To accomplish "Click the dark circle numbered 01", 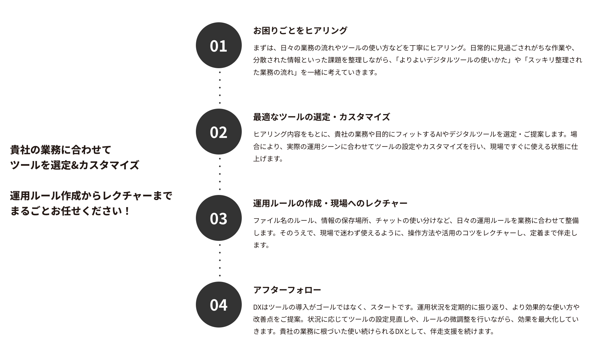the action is click(219, 45).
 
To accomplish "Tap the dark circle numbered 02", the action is click(219, 132).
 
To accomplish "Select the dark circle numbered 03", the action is click(219, 218).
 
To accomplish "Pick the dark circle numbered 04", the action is click(219, 304).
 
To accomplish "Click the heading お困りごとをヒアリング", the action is click(300, 31).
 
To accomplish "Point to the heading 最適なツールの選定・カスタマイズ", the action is click(321, 117).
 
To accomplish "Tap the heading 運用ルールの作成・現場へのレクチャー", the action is click(330, 203).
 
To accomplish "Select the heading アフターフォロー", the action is click(287, 290).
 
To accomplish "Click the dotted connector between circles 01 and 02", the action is click(220, 88).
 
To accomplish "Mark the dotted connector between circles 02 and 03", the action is click(220, 174).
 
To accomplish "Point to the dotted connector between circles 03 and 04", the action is click(220, 261).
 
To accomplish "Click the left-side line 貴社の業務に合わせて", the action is click(61, 150).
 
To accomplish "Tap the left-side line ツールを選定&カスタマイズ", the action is click(75, 165).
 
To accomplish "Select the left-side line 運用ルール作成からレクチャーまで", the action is click(91, 196).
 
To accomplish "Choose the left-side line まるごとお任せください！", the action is click(70, 211).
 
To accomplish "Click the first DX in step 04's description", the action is click(257, 307).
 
